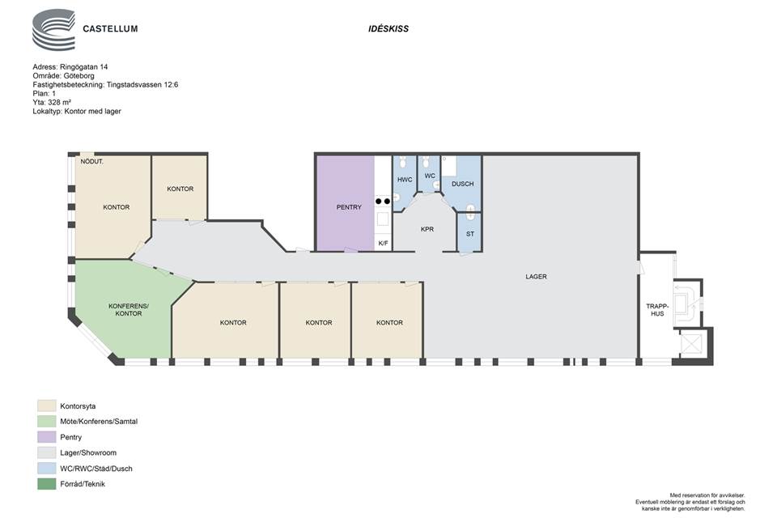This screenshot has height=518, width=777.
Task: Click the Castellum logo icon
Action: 53,30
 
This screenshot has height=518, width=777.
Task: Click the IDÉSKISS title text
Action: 388,29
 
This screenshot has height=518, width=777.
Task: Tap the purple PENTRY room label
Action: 349,207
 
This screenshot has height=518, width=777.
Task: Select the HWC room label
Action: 405,180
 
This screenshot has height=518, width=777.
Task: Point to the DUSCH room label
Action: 463,184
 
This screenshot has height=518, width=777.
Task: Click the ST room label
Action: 470,234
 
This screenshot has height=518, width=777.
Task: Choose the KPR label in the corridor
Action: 427,230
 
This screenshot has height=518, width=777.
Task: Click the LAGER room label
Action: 536,277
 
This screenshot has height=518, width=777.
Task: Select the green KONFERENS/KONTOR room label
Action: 129,310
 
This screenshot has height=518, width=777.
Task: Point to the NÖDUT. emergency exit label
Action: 92,162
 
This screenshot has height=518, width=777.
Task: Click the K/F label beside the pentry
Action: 383,244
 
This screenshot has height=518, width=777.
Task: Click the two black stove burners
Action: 383,202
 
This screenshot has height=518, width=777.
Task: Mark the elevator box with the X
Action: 691,343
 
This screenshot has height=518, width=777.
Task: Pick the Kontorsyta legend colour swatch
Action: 47,406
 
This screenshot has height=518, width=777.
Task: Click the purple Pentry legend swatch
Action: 47,437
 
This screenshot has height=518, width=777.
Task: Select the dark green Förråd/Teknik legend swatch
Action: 47,484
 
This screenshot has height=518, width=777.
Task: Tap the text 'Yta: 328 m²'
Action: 52,103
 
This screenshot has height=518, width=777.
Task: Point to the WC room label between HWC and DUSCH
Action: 430,176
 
